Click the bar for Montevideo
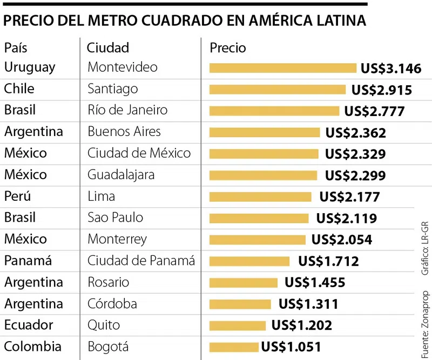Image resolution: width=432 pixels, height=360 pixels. coord(282,68)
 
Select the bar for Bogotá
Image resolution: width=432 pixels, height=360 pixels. coord(234,347)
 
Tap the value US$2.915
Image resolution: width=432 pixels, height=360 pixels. coord(381,90)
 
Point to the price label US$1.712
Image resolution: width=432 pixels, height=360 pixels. coord(328,262)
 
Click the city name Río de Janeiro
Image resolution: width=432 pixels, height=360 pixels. coord(127,110)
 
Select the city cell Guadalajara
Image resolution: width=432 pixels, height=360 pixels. coord(121,175)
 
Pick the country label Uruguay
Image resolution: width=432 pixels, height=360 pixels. coord(30,67)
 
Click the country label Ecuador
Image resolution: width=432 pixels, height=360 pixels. coord(29,325)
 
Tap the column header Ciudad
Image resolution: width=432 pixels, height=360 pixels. coord(108,47)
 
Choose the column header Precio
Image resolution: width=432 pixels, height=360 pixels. coord(227,47)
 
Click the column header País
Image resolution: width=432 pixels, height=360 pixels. coord(16,47)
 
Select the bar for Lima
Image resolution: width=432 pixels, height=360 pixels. coord(260,196)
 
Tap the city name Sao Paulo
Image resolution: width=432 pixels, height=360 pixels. coord(115,218)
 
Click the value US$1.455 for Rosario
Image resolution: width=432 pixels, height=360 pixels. coord(315,283)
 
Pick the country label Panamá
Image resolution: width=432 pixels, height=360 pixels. coord(28,261)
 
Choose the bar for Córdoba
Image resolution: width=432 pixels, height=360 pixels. coord(240,304)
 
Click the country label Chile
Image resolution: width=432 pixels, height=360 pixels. coord(19,89)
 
